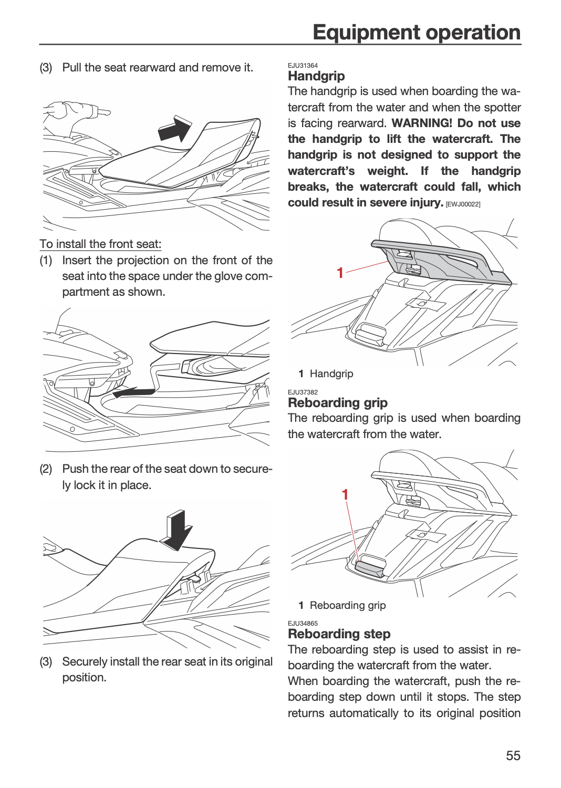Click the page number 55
513,755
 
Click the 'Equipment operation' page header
417,33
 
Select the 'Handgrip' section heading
316,76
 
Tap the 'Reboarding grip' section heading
338,402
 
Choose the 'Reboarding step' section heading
339,634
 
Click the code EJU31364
303,66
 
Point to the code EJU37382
303,392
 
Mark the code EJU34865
303,624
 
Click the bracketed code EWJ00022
463,204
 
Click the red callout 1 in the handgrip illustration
340,273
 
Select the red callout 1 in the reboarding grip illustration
345,495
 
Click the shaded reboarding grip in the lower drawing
369,569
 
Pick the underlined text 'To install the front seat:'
100,244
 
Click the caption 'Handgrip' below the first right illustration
331,374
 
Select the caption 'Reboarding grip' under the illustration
348,605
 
